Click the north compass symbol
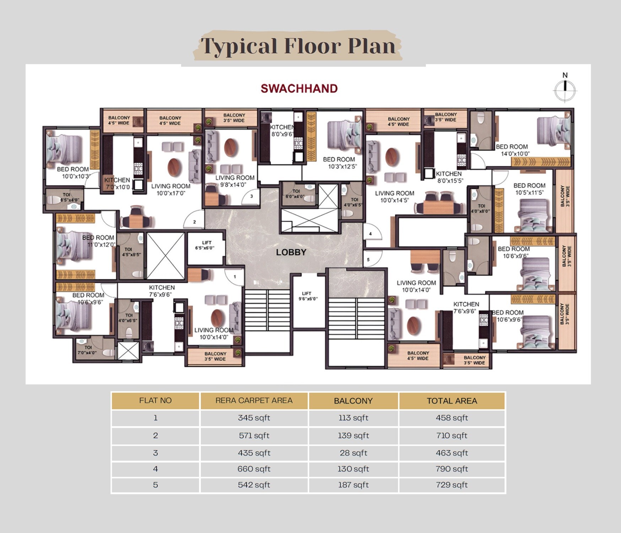[x=565, y=90]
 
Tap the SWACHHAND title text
[x=299, y=88]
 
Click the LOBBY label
[x=291, y=252]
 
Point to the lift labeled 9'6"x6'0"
[x=308, y=296]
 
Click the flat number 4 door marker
[x=371, y=234]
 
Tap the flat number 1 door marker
[x=235, y=276]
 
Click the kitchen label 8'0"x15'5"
[x=449, y=177]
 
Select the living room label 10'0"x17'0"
[x=171, y=190]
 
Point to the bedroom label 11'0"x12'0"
[x=98, y=241]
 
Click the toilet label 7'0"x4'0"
[x=87, y=350]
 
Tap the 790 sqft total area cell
[x=452, y=469]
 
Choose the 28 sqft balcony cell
[x=353, y=453]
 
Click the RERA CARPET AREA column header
[x=254, y=400]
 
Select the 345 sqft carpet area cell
[x=254, y=418]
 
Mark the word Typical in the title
[x=239, y=47]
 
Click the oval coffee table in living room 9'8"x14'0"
[x=231, y=147]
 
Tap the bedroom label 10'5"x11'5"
[x=529, y=189]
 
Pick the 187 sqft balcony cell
[x=353, y=485]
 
